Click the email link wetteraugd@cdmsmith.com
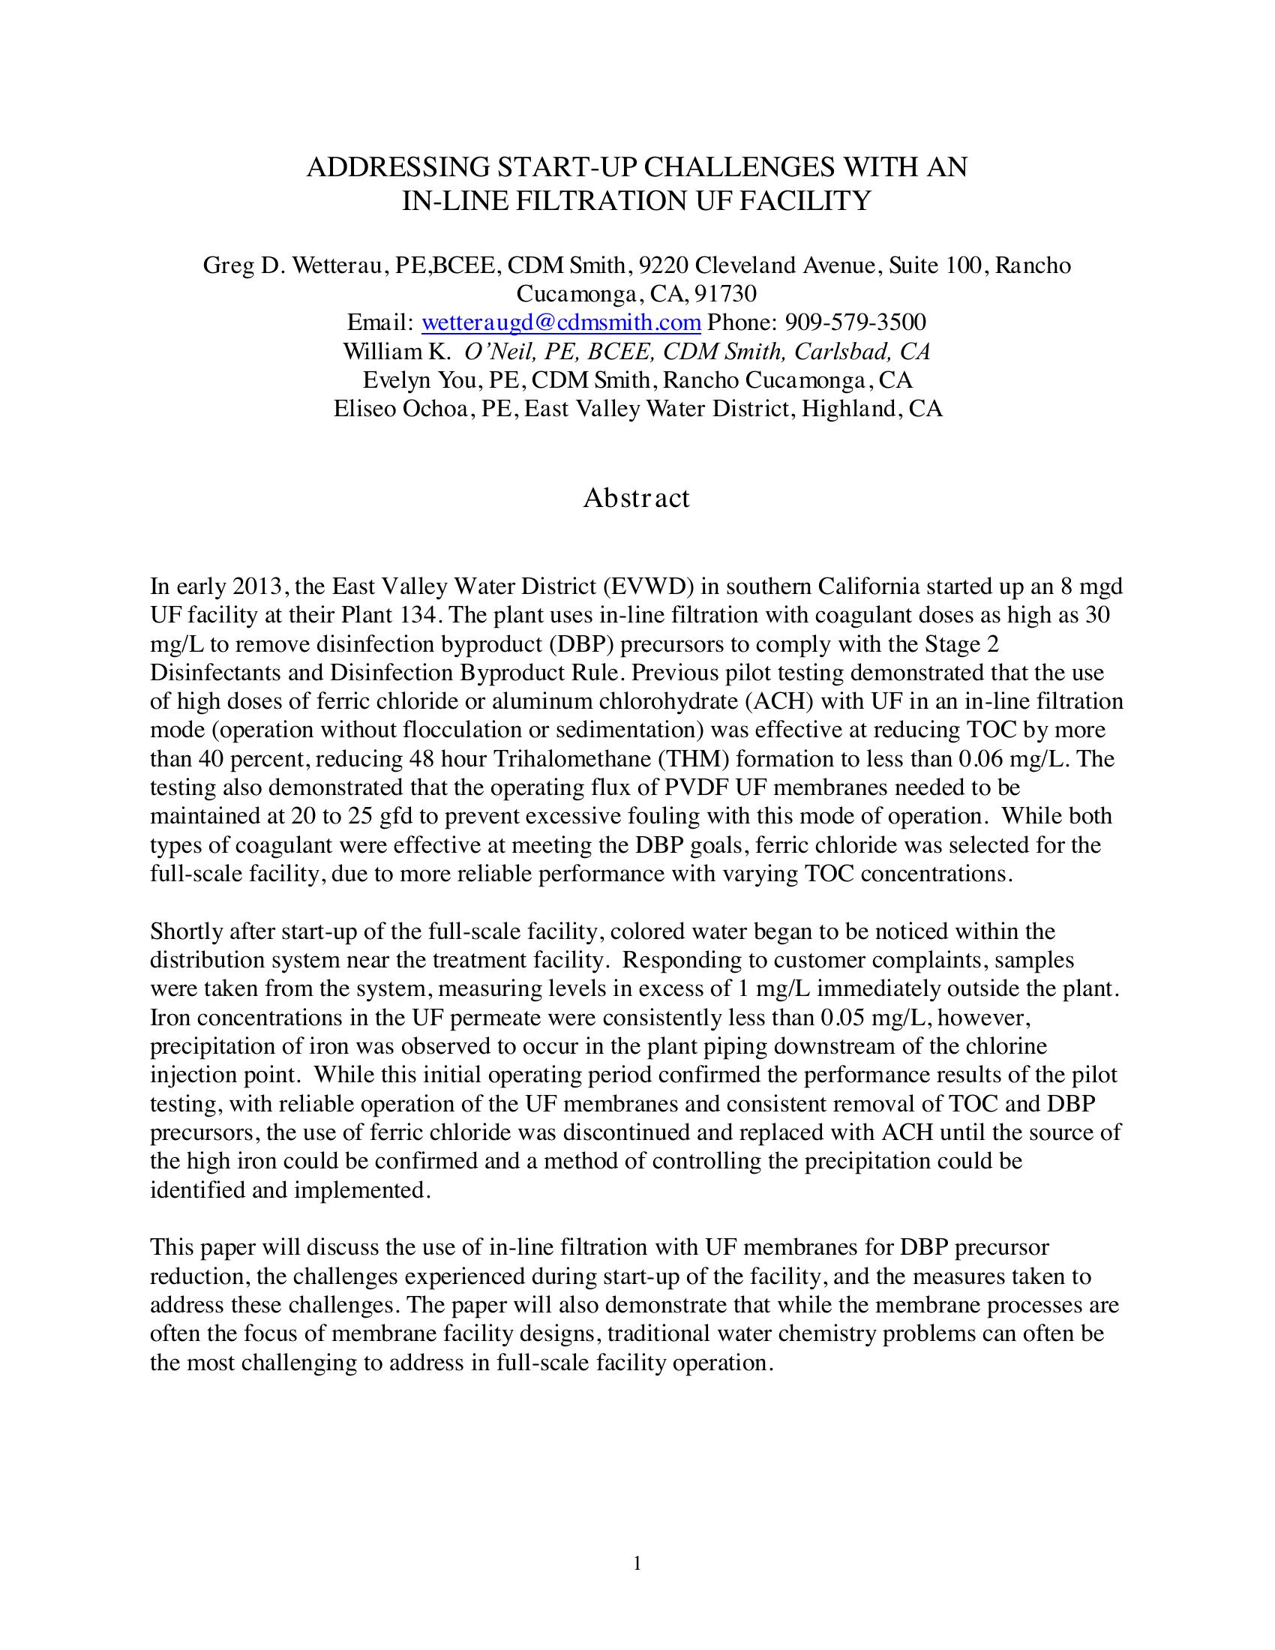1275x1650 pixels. pyautogui.click(x=560, y=322)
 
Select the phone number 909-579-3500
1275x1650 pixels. pyautogui.click(x=855, y=322)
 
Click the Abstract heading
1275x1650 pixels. pyautogui.click(x=636, y=498)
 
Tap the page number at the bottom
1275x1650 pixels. pyautogui.click(x=637, y=1563)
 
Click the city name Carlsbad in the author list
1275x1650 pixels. pyautogui.click(x=840, y=351)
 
